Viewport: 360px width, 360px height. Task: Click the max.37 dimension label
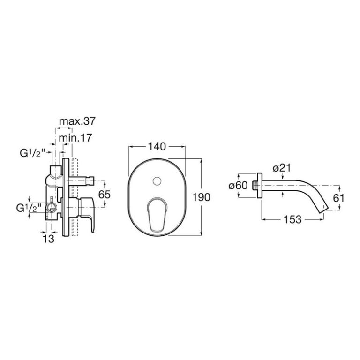coord(77,121)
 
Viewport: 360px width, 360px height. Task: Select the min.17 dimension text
coord(75,138)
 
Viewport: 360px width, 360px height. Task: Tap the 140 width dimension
coord(157,146)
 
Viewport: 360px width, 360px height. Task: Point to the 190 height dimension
coord(201,197)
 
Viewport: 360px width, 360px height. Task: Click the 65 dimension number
coord(104,195)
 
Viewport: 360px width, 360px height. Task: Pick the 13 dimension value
coord(49,239)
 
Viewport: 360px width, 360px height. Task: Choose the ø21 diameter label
coord(282,168)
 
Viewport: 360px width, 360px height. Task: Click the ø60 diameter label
coord(238,185)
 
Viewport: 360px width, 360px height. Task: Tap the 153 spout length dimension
coord(292,219)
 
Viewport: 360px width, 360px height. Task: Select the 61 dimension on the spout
coord(338,198)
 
